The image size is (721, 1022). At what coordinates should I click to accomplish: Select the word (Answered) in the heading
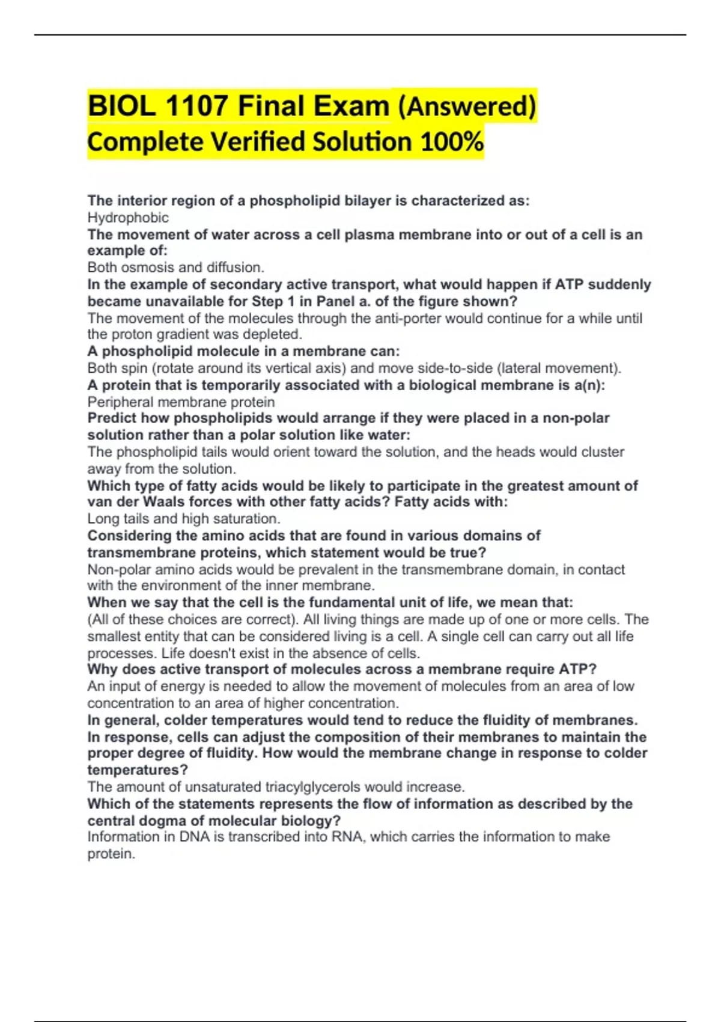point(466,106)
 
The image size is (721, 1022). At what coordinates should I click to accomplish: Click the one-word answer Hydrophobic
point(128,218)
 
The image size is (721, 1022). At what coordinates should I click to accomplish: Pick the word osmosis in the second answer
point(145,268)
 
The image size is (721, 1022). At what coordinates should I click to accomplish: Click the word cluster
point(598,452)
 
